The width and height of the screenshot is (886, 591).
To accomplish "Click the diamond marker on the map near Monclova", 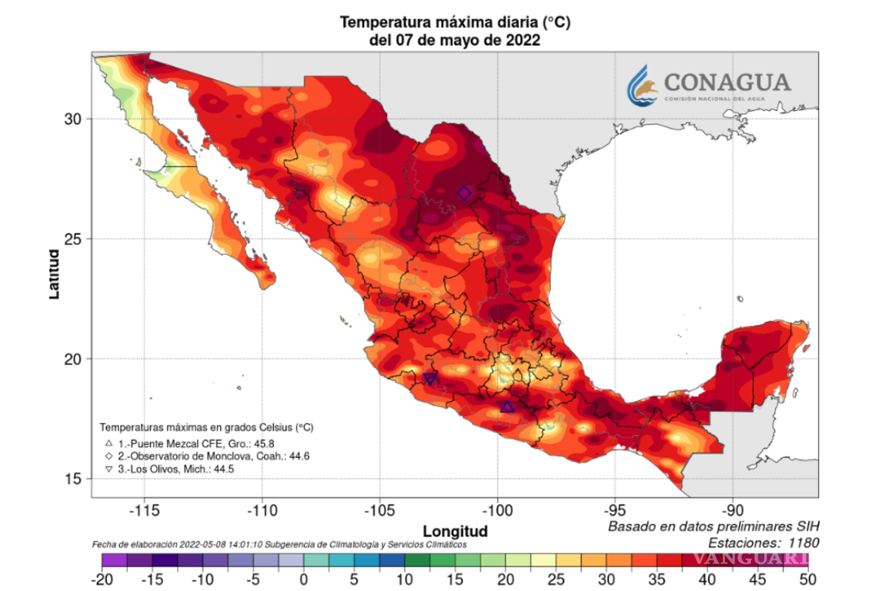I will [x=464, y=194].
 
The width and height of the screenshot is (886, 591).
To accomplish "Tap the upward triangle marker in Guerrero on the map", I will [x=506, y=407].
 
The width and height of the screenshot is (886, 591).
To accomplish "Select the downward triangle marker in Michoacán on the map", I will [x=430, y=380].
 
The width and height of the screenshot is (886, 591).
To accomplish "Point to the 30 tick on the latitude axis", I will [x=75, y=119].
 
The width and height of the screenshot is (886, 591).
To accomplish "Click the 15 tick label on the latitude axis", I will [x=75, y=479].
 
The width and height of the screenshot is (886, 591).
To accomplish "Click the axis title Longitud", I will [x=455, y=530].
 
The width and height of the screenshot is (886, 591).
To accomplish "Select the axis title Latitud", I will [x=54, y=274].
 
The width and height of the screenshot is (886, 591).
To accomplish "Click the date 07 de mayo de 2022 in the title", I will [x=454, y=41].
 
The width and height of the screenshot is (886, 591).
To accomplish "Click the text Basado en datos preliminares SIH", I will [x=712, y=527].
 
